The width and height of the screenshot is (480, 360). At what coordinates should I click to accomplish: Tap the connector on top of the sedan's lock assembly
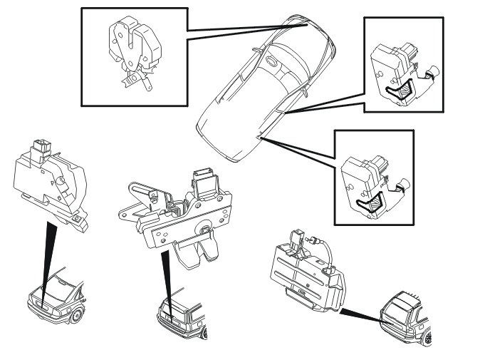(x=41, y=149)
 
